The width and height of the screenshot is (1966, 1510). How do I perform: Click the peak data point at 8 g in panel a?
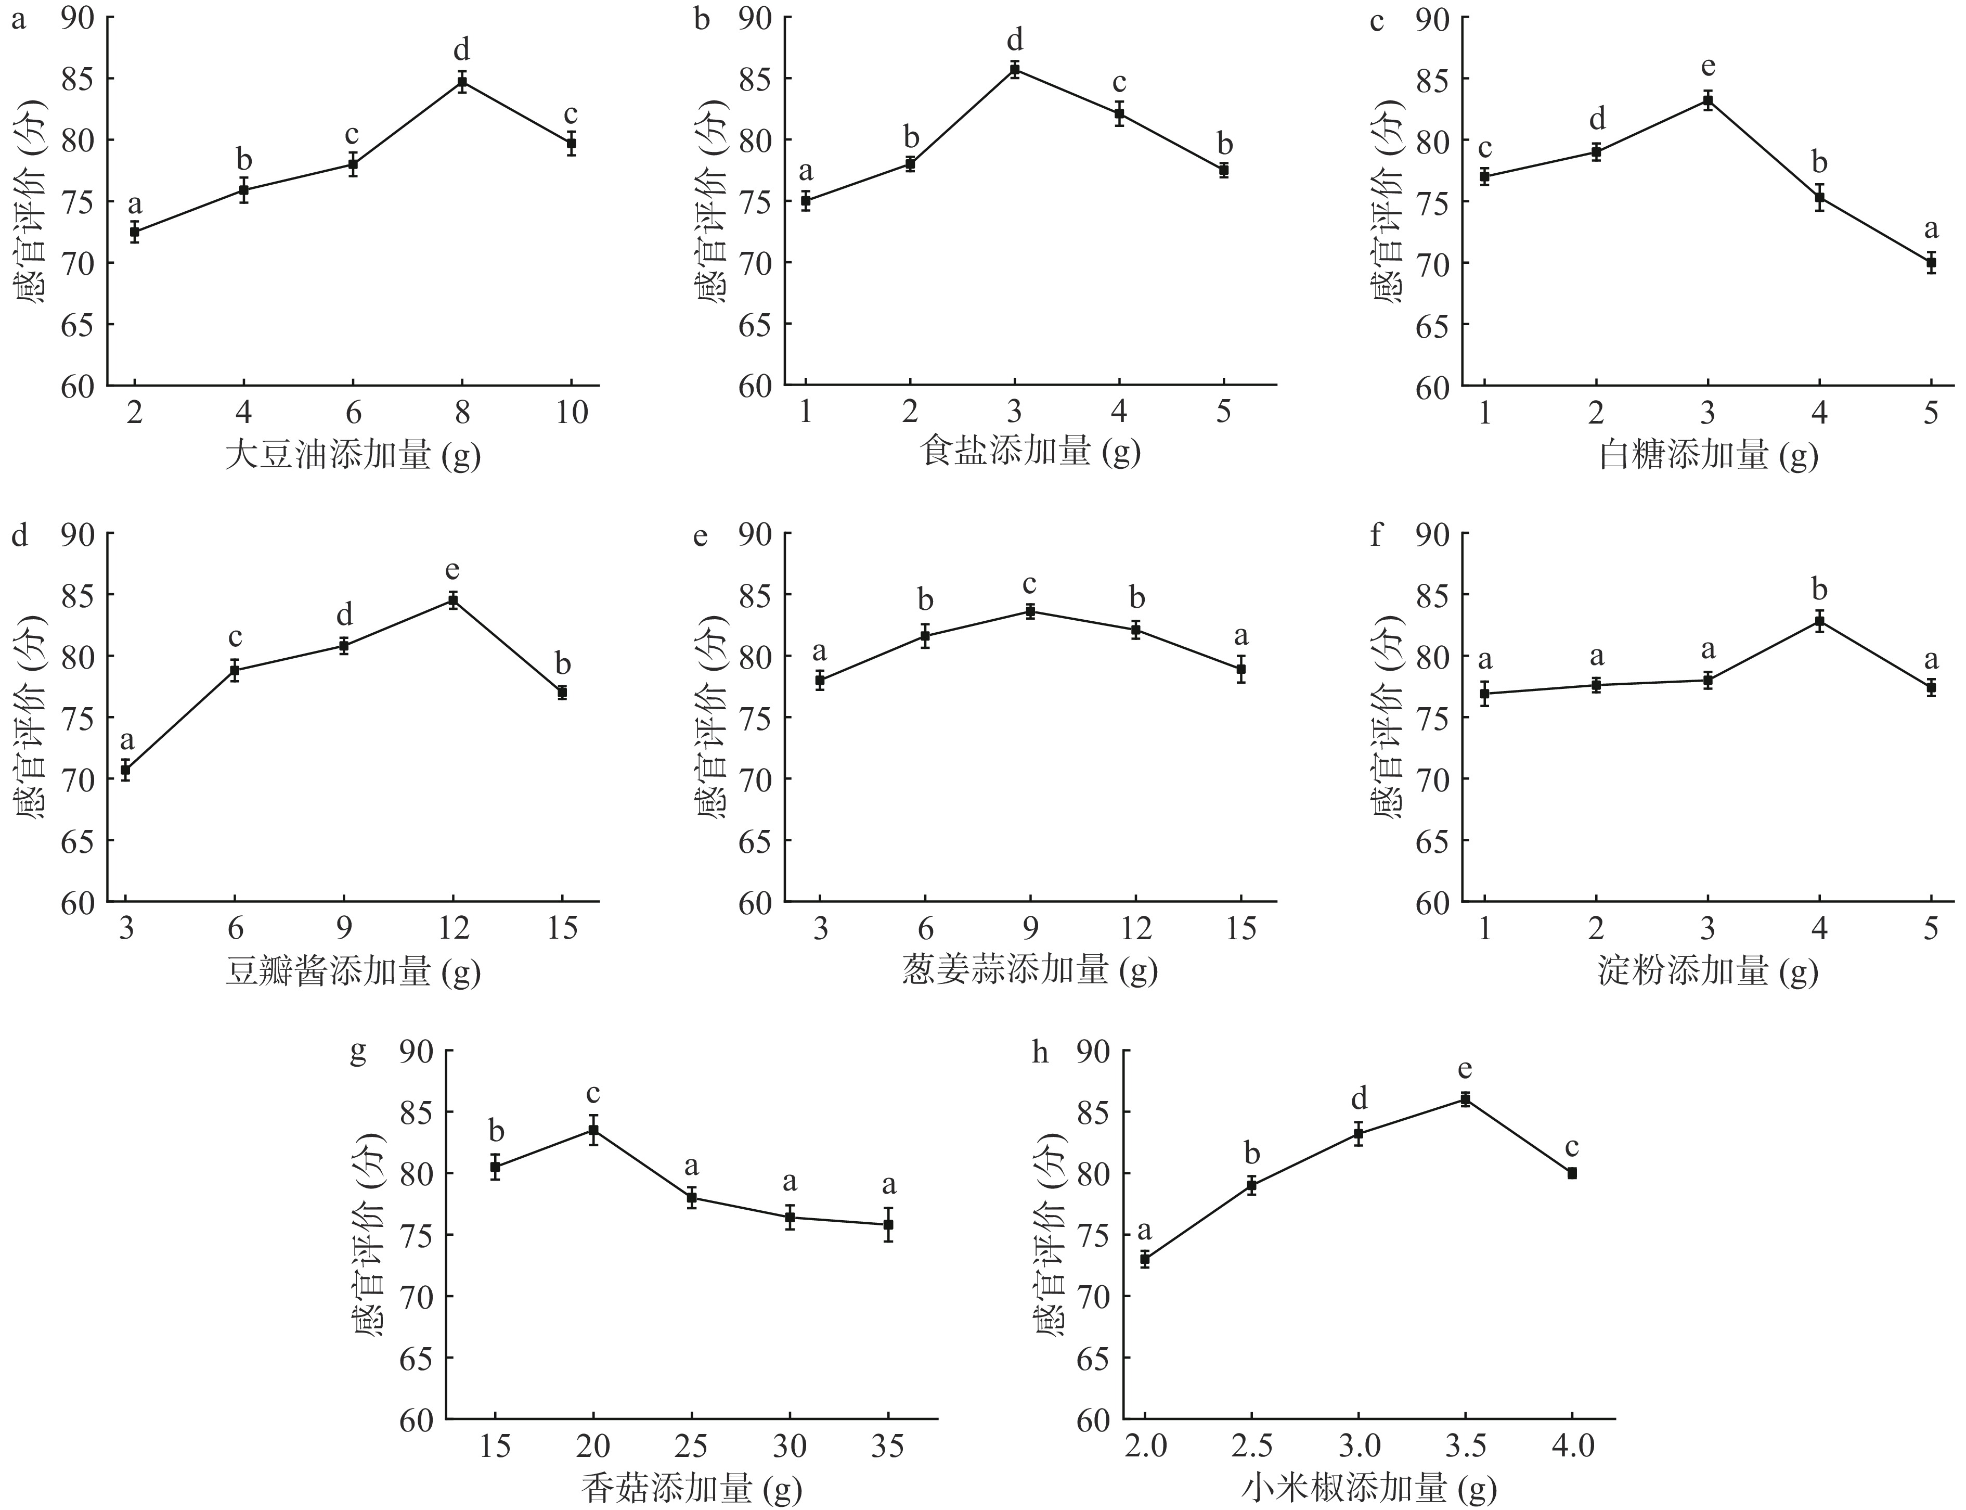(x=462, y=82)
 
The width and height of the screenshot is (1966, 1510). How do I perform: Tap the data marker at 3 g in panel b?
(x=1014, y=69)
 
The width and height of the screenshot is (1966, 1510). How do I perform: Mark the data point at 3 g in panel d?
(x=126, y=770)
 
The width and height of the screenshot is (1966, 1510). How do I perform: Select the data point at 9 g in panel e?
(x=1031, y=611)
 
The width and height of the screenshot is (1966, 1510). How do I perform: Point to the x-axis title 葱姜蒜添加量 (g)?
(x=1030, y=971)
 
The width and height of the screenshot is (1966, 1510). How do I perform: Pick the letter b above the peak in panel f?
(x=1819, y=591)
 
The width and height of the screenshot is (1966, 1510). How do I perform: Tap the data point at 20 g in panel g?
(x=593, y=1130)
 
